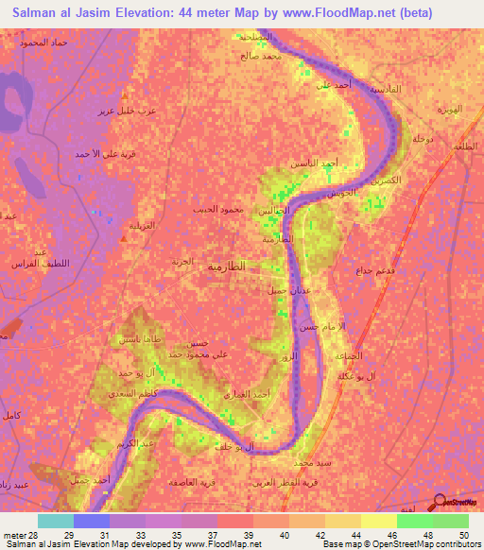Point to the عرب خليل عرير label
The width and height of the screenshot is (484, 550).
(x=122, y=112)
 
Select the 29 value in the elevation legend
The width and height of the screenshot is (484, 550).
(x=69, y=535)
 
